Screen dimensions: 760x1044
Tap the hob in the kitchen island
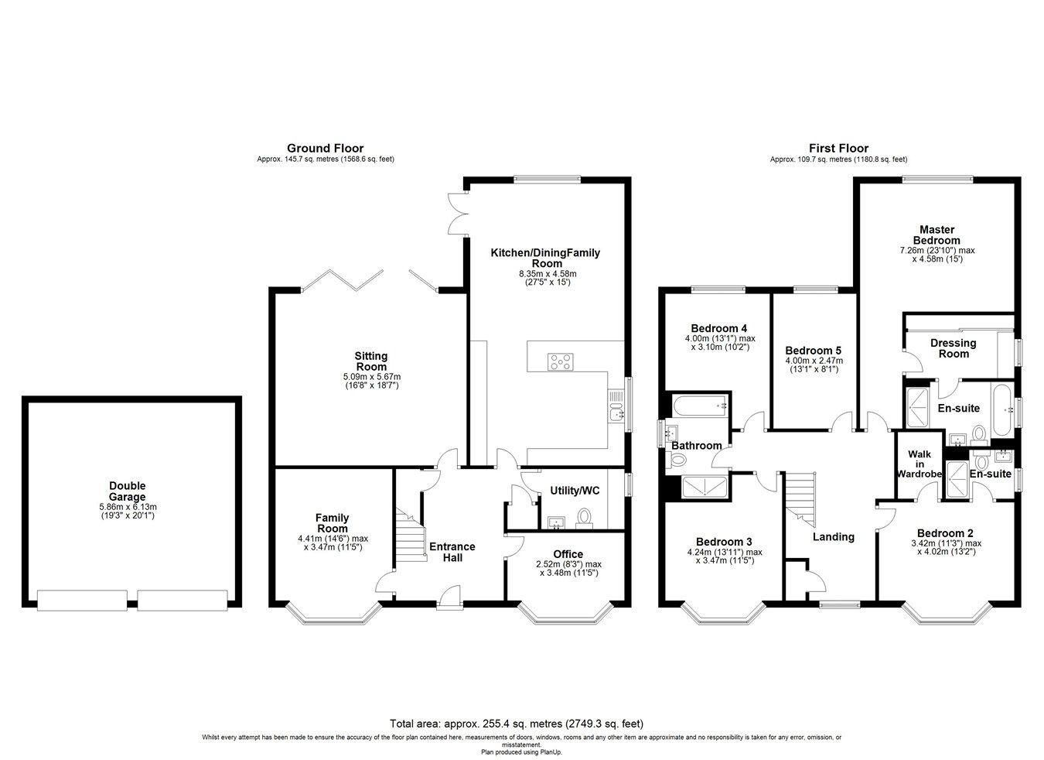tap(561, 361)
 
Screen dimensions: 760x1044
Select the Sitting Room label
tap(371, 361)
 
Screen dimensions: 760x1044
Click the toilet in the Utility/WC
tap(585, 517)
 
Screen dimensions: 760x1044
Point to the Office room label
tap(568, 554)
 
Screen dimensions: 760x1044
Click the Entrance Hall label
tap(452, 552)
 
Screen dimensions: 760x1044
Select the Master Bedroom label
tap(937, 235)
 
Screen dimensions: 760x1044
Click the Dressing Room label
tap(953, 348)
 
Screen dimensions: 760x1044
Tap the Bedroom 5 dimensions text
tap(814, 365)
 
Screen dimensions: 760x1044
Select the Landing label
tap(833, 536)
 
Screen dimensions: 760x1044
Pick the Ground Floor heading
tap(325, 148)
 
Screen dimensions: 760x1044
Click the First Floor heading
tap(838, 148)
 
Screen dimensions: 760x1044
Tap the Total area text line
tap(516, 724)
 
